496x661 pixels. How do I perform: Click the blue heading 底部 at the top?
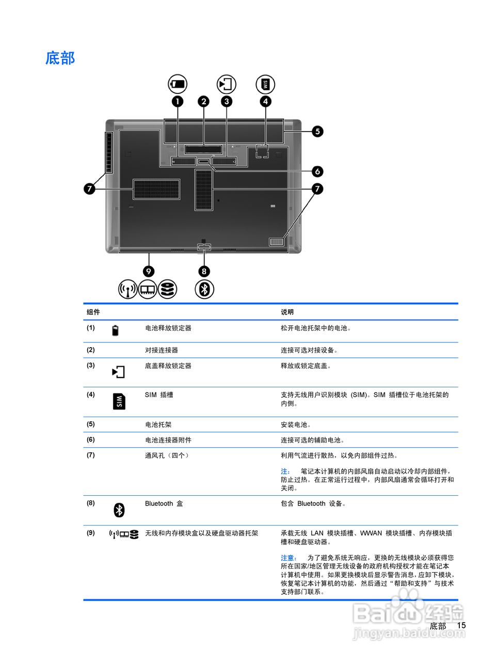point(60,58)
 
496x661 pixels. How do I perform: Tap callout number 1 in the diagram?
point(178,101)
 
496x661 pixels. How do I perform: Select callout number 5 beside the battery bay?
point(317,131)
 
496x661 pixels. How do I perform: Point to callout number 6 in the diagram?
point(317,171)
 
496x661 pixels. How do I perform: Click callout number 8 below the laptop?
point(204,271)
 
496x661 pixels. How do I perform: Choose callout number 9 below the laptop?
point(149,271)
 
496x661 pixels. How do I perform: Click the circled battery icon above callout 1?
point(178,84)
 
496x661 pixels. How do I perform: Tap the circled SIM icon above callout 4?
point(265,84)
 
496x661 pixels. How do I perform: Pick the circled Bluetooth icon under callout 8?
point(204,289)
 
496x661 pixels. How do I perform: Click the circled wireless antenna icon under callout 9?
point(127,289)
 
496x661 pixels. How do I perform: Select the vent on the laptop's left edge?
point(109,152)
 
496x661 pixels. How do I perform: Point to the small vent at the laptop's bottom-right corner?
point(277,242)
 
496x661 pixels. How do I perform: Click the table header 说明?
point(287,312)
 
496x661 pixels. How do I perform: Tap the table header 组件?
point(93,312)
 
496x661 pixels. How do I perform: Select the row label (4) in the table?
point(91,395)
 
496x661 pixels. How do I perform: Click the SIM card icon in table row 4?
point(119,401)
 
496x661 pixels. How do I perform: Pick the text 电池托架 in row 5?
point(158,424)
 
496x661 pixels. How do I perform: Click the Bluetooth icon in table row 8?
point(119,510)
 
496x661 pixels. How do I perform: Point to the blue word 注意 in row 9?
point(288,558)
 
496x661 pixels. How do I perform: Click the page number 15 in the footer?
point(461,625)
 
